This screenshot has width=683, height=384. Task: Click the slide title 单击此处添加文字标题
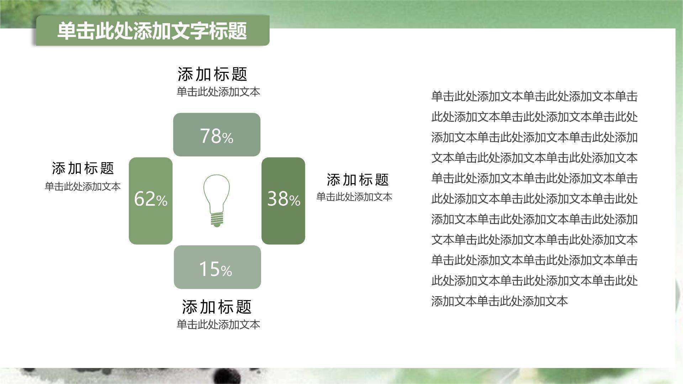(x=152, y=31)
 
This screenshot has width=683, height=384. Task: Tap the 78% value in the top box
(x=216, y=136)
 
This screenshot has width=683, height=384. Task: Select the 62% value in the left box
(x=150, y=199)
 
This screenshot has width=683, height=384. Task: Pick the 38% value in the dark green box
(x=284, y=199)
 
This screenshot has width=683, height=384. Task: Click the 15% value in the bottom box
(x=216, y=269)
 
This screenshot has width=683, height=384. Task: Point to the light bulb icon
(x=216, y=199)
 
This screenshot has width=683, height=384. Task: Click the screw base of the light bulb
(x=217, y=219)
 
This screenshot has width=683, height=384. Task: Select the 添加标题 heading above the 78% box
(x=212, y=74)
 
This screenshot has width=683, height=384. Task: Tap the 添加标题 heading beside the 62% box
(x=83, y=168)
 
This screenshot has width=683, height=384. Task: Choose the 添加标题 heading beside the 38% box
(x=358, y=180)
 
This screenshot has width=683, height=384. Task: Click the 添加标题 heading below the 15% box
(x=217, y=306)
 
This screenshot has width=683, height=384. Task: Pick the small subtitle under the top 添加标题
(x=218, y=92)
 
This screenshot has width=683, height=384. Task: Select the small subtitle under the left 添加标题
(x=83, y=186)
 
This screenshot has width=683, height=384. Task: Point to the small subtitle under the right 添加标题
(x=354, y=197)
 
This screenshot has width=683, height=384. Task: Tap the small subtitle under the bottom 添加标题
(x=218, y=324)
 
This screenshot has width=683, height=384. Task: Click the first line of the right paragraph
(x=534, y=96)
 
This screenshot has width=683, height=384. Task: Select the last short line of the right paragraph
(x=499, y=301)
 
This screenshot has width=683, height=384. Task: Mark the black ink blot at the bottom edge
(x=223, y=376)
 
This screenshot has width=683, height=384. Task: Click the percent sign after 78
(x=228, y=138)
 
